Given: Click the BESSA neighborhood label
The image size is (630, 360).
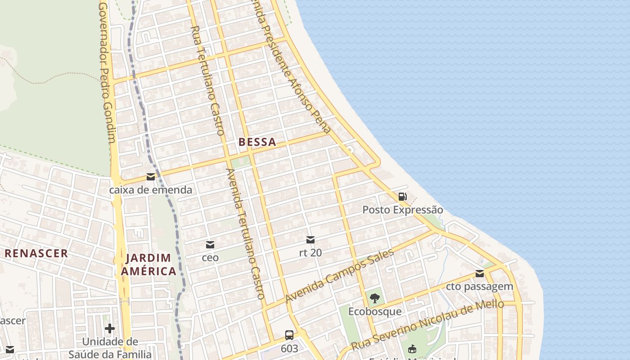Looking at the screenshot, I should [x=257, y=142].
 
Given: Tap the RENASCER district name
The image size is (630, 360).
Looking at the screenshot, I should [x=36, y=253].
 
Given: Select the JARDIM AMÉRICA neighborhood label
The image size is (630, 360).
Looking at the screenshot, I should [x=148, y=265].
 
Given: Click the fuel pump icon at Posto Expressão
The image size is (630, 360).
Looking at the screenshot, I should [x=402, y=197].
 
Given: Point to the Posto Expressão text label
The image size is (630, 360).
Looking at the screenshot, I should [x=403, y=210].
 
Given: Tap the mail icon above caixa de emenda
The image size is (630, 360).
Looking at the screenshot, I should [x=150, y=177].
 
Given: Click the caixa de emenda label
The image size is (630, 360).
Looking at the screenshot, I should [x=150, y=190].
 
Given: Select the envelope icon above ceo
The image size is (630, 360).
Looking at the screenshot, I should [x=210, y=245].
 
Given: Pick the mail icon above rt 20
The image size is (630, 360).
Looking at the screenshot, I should [x=310, y=239].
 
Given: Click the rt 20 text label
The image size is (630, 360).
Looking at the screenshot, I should [x=310, y=252].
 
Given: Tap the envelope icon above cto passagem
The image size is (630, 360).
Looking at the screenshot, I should [x=480, y=274].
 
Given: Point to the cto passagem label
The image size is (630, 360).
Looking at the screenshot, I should [x=480, y=287].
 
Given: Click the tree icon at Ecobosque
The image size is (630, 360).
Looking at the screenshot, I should [x=374, y=298].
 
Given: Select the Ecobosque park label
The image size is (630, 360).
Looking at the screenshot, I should [x=374, y=311].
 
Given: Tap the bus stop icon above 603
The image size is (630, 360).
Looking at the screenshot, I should [x=289, y=335].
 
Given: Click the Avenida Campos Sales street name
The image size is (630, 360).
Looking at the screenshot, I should [x=340, y=275].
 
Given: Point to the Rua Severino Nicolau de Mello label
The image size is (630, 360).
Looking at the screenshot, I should [x=427, y=325].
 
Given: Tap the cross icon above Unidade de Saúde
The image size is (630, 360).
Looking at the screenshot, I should [x=109, y=328].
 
